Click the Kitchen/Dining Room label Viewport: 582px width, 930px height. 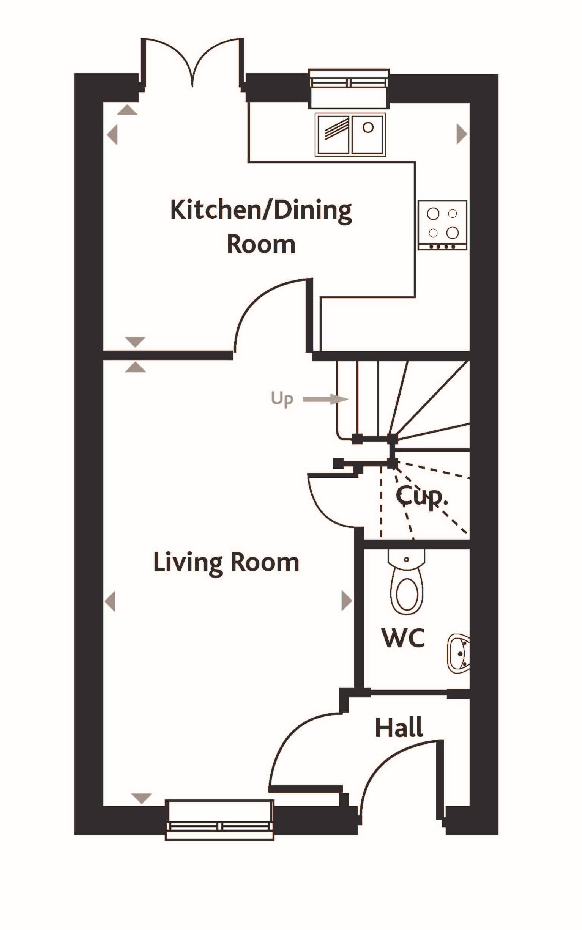tap(261, 227)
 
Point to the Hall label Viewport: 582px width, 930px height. tap(399, 728)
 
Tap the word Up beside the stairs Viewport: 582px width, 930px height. tap(282, 399)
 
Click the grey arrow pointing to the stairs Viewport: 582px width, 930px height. tap(325, 399)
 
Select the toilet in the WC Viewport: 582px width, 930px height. tap(407, 582)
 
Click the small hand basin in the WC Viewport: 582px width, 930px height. tap(459, 653)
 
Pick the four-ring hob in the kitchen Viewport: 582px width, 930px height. tap(443, 225)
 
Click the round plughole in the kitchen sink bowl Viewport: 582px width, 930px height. tap(368, 127)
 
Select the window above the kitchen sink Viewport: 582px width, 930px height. tap(349, 88)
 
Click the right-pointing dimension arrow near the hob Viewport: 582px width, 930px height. tap(462, 134)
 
